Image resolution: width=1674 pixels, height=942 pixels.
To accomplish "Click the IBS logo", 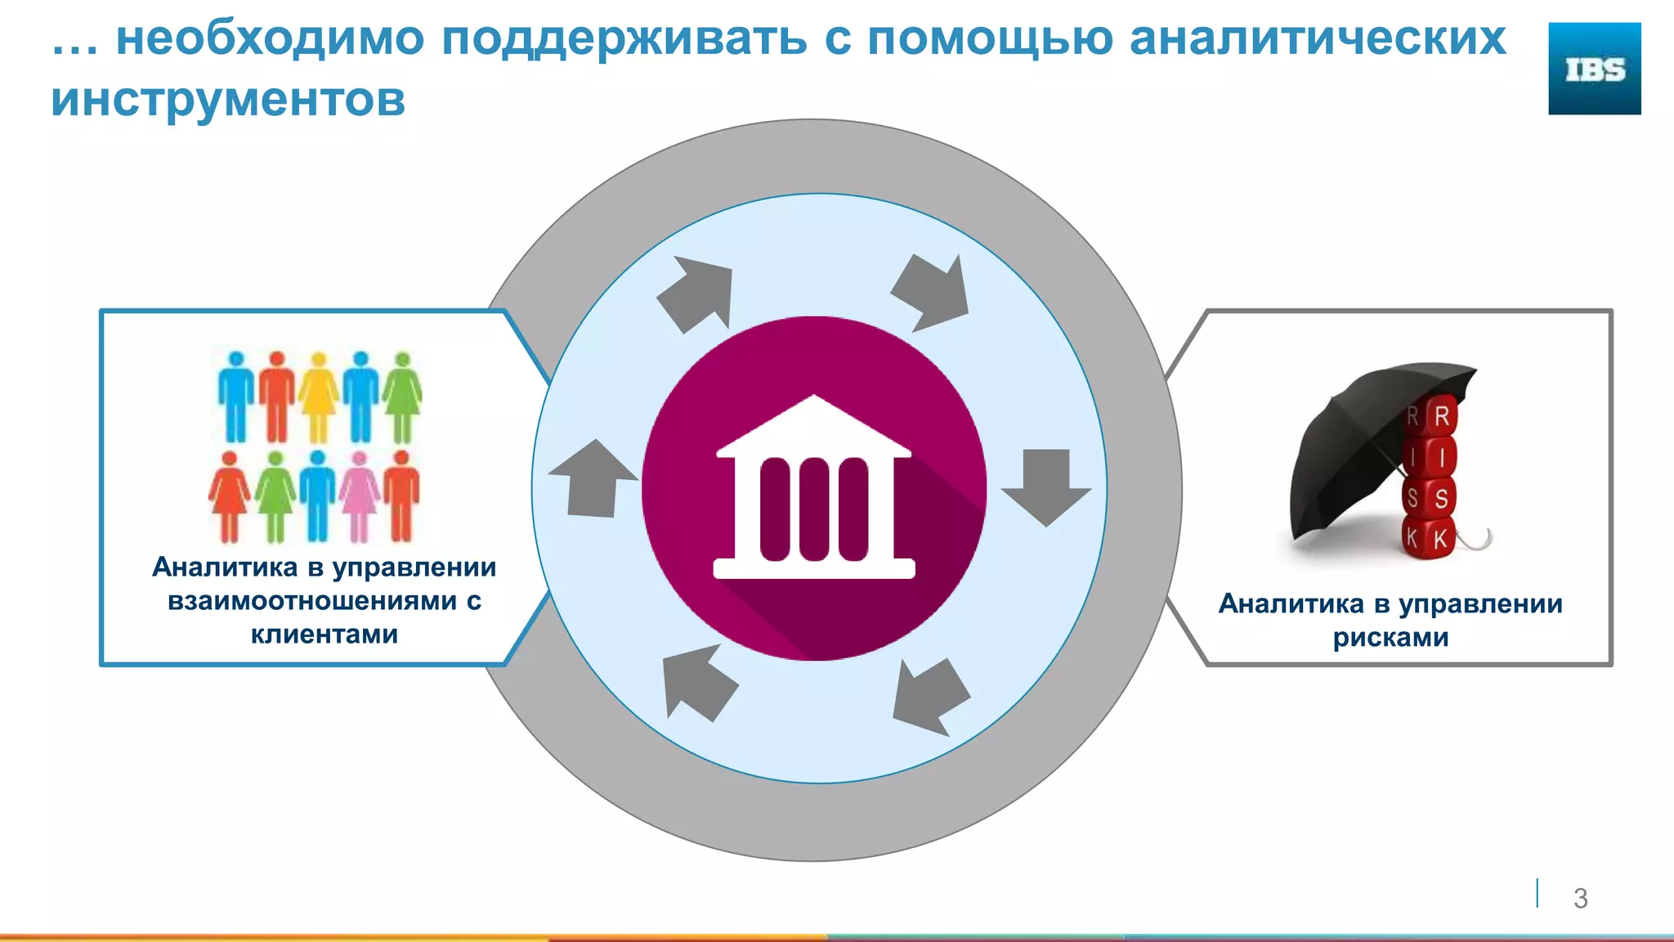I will pyautogui.click(x=1594, y=69).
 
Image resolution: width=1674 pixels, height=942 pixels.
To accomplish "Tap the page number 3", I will pyautogui.click(x=1580, y=898).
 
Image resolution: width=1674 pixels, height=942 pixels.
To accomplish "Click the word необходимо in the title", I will pyautogui.click(x=270, y=38).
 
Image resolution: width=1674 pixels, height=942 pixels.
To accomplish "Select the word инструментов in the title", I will pyautogui.click(x=228, y=100).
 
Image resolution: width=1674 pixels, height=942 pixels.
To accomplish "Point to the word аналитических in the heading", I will pyautogui.click(x=1317, y=38).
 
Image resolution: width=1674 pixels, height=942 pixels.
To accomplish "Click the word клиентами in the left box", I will pyautogui.click(x=324, y=635).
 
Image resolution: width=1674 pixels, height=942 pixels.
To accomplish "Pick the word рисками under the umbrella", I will pyautogui.click(x=1390, y=638).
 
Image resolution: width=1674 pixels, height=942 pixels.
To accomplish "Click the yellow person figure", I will pyautogui.click(x=319, y=397).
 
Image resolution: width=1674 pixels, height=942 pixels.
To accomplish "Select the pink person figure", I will pyautogui.click(x=360, y=496).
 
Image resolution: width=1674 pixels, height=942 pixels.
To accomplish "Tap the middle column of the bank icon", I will pyautogui.click(x=813, y=509).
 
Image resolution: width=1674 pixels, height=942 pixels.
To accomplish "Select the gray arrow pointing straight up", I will pyautogui.click(x=593, y=478).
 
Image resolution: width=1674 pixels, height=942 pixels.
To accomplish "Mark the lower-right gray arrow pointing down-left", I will pyautogui.click(x=930, y=695).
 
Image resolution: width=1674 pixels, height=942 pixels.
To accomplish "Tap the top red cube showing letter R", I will pyautogui.click(x=1441, y=415).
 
